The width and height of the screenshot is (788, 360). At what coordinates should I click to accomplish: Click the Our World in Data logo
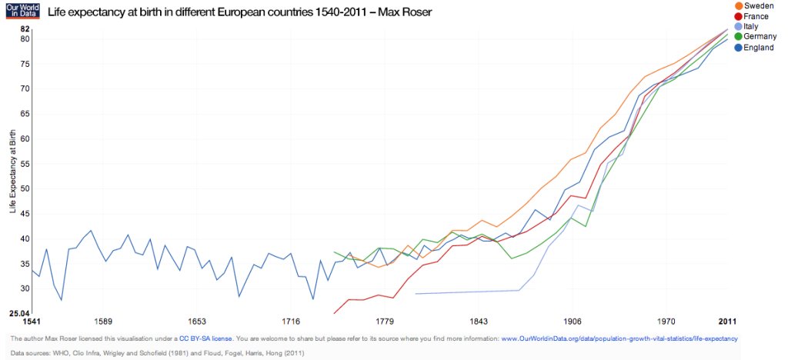21,11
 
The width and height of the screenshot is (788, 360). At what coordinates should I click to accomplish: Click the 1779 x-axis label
385,321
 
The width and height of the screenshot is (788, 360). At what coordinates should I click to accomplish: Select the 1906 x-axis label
572,321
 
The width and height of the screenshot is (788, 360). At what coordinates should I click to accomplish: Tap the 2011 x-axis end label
728,321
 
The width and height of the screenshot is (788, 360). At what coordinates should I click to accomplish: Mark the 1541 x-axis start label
21,321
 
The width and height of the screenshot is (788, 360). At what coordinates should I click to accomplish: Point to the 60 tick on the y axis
25,138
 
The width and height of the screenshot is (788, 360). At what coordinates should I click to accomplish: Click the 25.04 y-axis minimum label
19,313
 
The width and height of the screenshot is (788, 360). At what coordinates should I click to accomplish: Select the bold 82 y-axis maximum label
25,28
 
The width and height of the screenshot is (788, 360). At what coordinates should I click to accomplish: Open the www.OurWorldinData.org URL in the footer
619,338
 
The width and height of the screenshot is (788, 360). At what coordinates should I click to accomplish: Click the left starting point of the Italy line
416,294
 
